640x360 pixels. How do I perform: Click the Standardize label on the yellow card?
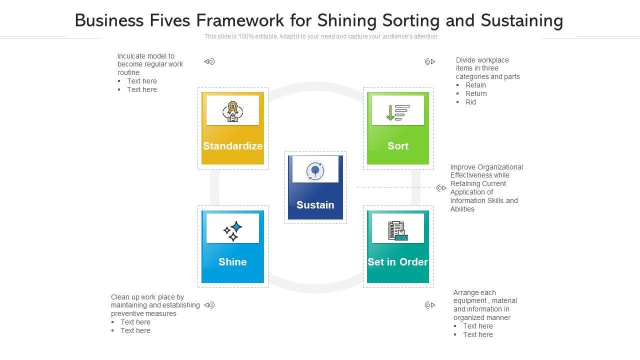coord(232,146)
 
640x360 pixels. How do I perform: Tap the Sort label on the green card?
coord(398,146)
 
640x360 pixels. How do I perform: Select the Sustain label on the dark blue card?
coord(315,205)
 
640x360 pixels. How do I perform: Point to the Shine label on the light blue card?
coord(232,262)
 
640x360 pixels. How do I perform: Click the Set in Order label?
coord(397,262)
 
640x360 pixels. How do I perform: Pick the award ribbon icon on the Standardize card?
coord(232,111)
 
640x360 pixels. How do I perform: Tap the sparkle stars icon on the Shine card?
coord(232,230)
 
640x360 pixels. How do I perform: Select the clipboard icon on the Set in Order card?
coord(397,230)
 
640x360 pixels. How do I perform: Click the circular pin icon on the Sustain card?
coord(315,171)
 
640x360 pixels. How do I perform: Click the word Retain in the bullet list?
coord(475,85)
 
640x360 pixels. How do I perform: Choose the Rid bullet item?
coord(470,102)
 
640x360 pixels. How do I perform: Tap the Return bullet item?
coord(476,93)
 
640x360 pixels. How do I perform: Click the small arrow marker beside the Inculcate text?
coord(209,61)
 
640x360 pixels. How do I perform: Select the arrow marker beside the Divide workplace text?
coord(430,61)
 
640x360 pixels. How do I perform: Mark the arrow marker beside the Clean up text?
coord(209,305)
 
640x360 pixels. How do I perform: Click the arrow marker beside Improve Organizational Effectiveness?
coord(441,188)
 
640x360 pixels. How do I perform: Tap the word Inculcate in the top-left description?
coord(132,56)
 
